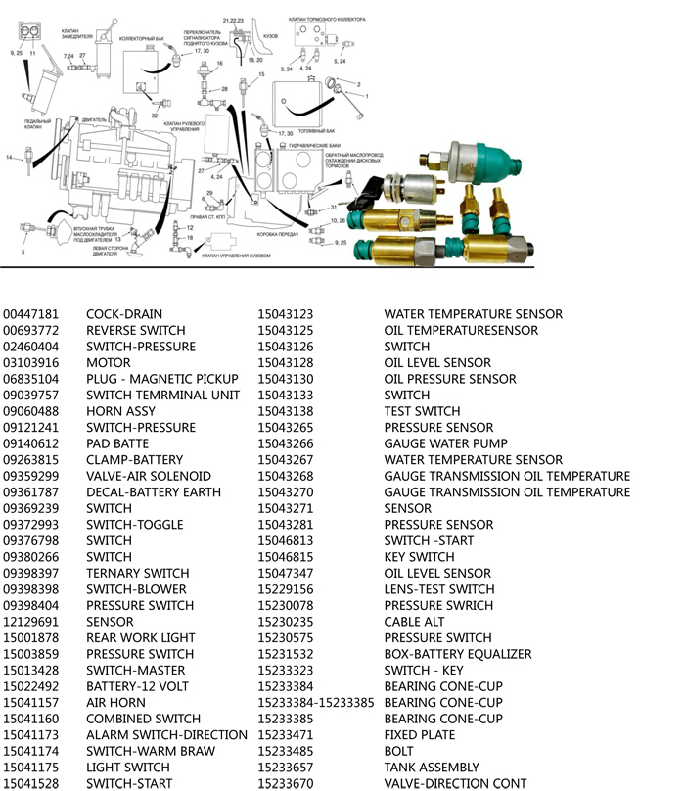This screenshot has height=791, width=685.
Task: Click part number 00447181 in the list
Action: [31, 314]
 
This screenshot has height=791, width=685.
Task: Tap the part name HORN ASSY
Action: [120, 411]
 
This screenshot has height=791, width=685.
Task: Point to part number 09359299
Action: [31, 476]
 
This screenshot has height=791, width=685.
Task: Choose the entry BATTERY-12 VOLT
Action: [137, 686]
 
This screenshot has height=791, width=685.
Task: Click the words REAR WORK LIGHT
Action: [140, 638]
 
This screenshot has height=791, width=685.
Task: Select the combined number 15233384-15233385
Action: [316, 703]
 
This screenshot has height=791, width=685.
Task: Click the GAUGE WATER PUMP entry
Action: [445, 443]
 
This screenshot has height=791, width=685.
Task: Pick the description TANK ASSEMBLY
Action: [432, 768]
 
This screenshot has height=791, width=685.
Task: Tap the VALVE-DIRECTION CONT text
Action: [455, 783]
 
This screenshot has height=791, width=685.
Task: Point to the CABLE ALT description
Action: [414, 622]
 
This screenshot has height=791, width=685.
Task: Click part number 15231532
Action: [285, 654]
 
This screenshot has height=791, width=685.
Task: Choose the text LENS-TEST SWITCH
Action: [439, 589]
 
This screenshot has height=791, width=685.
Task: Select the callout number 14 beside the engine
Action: [9, 157]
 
